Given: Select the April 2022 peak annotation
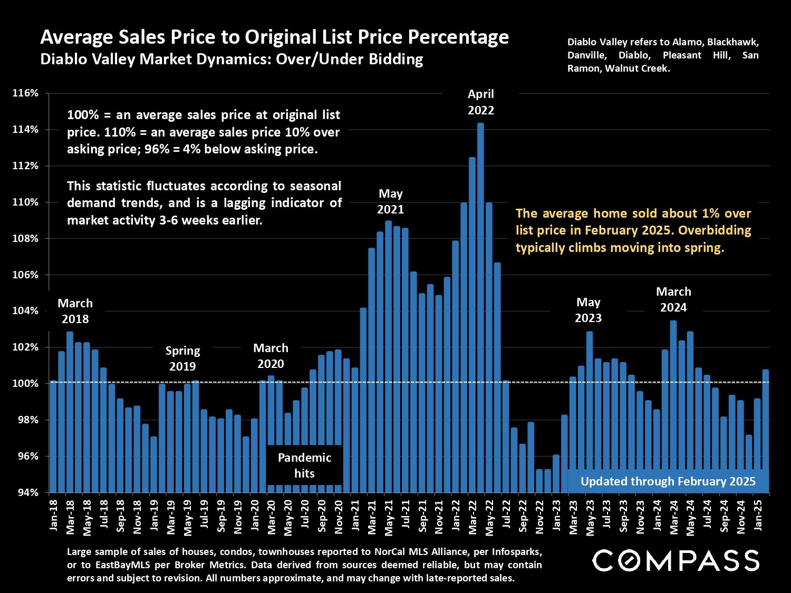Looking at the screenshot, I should [481, 102].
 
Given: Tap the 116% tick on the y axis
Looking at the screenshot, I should [25, 93].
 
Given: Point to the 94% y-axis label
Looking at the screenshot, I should [25, 492].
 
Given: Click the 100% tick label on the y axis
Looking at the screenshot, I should [25, 384].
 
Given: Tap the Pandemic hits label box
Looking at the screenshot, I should [304, 465].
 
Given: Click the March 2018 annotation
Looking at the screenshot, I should [75, 311].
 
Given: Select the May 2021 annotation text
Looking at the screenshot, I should [390, 201].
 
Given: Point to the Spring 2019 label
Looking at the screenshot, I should [182, 358].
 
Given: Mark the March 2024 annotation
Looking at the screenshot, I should [673, 299].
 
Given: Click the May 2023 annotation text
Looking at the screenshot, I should [588, 310].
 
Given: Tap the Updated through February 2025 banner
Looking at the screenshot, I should [668, 481].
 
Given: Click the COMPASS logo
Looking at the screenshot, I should [676, 560].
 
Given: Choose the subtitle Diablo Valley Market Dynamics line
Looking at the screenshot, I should [231, 59].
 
